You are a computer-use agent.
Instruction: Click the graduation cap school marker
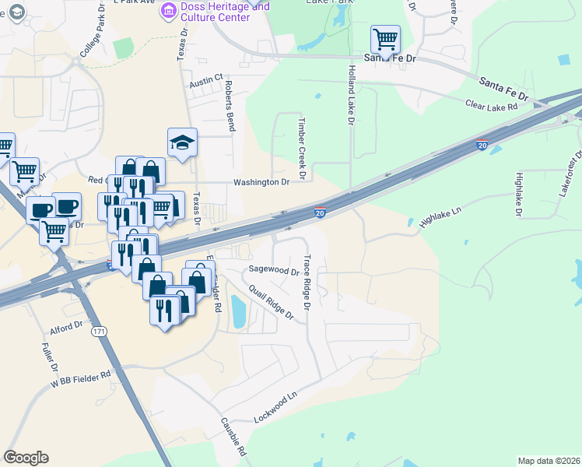coord(182,142)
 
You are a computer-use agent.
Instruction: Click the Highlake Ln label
coord(441,216)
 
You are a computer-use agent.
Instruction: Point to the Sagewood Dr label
coord(273,272)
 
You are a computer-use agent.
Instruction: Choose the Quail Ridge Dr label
coord(271,302)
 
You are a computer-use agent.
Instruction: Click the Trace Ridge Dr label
coord(307,283)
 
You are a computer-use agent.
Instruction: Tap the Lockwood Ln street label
coord(275,407)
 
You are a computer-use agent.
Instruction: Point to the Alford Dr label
coord(65,329)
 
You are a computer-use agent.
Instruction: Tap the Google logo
coord(26,458)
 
